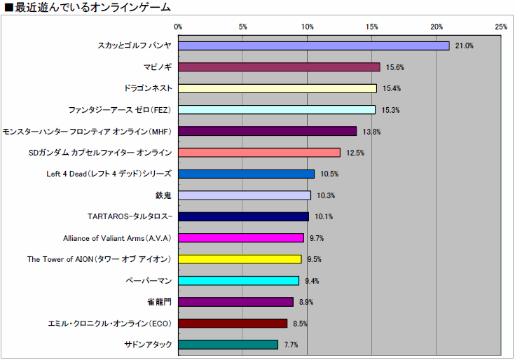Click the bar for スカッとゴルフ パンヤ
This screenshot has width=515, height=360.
(x=313, y=46)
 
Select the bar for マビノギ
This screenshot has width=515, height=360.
(x=279, y=67)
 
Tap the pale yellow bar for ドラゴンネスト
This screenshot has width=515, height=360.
(x=277, y=88)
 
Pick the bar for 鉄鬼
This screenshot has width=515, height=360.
(x=245, y=195)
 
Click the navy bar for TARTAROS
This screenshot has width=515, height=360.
(x=243, y=216)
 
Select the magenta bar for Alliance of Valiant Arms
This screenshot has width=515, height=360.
(x=241, y=238)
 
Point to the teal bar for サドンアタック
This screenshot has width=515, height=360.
(x=228, y=345)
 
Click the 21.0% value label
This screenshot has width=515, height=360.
(x=465, y=46)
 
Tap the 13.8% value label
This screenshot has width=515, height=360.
(x=371, y=132)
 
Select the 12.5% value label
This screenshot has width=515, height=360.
(x=355, y=153)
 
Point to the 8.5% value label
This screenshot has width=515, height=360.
(x=301, y=324)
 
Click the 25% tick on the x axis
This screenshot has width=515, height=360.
(x=501, y=27)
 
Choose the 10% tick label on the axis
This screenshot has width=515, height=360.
(x=307, y=27)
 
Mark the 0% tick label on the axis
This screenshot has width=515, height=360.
(x=178, y=27)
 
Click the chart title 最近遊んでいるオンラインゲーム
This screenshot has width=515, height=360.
(x=88, y=8)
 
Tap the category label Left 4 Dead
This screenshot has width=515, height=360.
(x=108, y=174)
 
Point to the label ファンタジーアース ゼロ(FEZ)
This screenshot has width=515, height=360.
(x=120, y=110)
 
